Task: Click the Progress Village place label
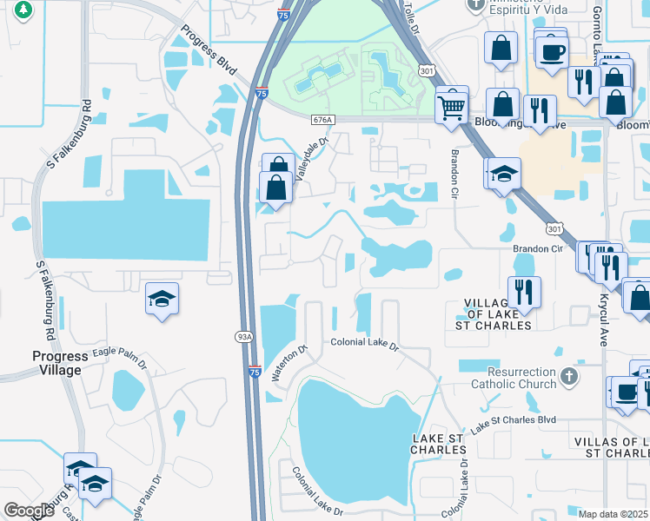[60, 363]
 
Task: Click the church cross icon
[569, 376]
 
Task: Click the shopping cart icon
[452, 108]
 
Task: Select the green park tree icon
[24, 10]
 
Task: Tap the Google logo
[28, 510]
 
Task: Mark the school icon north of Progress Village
[162, 300]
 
